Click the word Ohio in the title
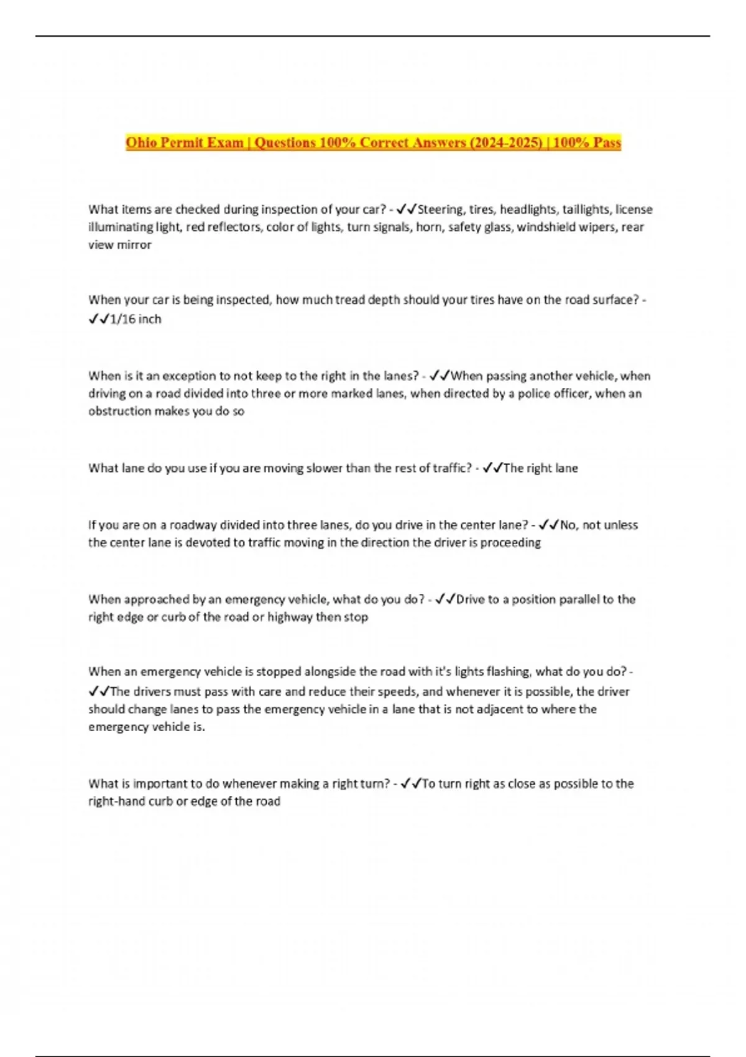pos(140,142)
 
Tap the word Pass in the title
pos(607,142)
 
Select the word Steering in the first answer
pos(441,210)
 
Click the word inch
pos(150,319)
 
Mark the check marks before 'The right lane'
pos(492,468)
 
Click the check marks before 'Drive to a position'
pos(445,599)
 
